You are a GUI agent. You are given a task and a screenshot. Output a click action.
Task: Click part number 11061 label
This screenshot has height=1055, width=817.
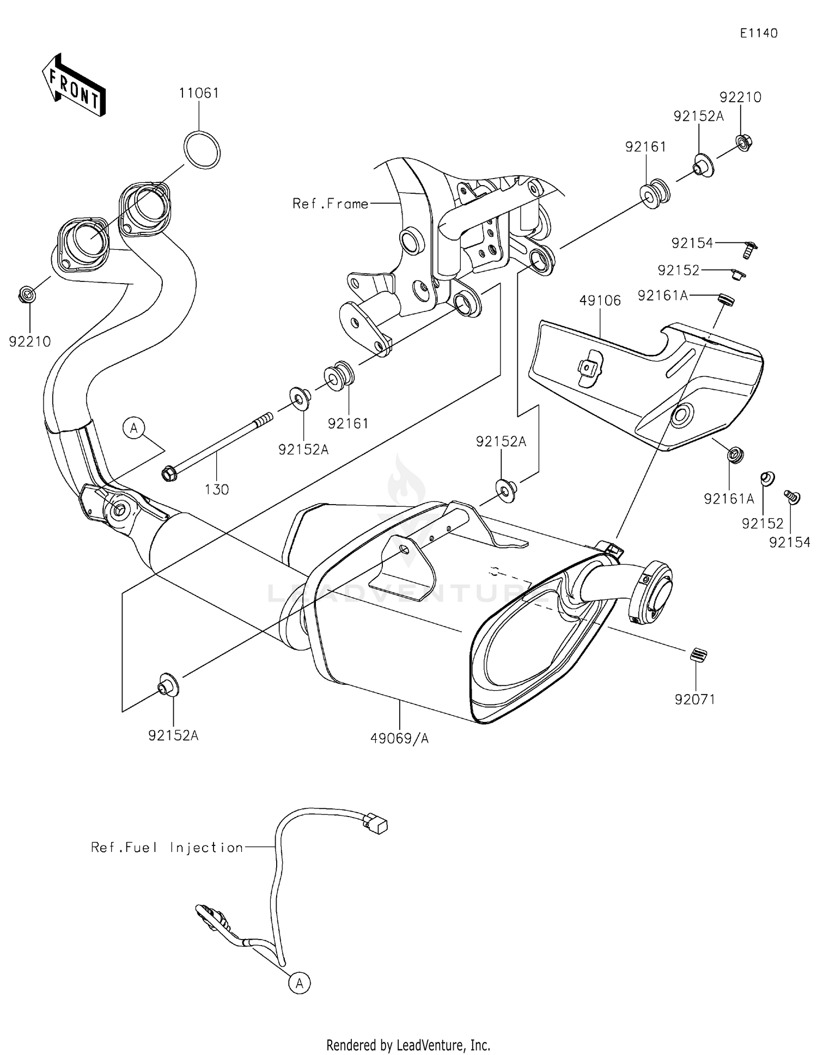(199, 93)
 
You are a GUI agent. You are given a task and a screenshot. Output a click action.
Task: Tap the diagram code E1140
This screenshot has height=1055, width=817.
(758, 33)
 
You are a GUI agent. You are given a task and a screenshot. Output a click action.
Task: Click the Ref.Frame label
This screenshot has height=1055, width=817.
(330, 204)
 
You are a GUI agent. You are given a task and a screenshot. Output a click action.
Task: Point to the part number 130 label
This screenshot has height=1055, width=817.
(216, 489)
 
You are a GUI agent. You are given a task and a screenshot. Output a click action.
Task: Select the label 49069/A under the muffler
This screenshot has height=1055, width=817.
(399, 738)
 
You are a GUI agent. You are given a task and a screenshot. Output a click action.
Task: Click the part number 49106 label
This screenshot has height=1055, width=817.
(600, 300)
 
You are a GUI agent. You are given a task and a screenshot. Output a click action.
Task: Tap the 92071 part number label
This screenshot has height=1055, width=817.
(694, 699)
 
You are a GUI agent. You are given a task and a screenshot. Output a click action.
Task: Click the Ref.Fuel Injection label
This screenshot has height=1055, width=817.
(167, 848)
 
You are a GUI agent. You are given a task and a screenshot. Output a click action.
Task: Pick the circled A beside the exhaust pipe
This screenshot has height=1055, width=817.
(134, 428)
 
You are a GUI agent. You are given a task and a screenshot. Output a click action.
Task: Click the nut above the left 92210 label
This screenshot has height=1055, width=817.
(27, 295)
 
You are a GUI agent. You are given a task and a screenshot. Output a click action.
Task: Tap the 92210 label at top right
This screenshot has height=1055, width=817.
(740, 97)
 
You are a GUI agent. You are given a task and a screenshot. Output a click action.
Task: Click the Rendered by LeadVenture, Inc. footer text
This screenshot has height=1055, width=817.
(408, 1045)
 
